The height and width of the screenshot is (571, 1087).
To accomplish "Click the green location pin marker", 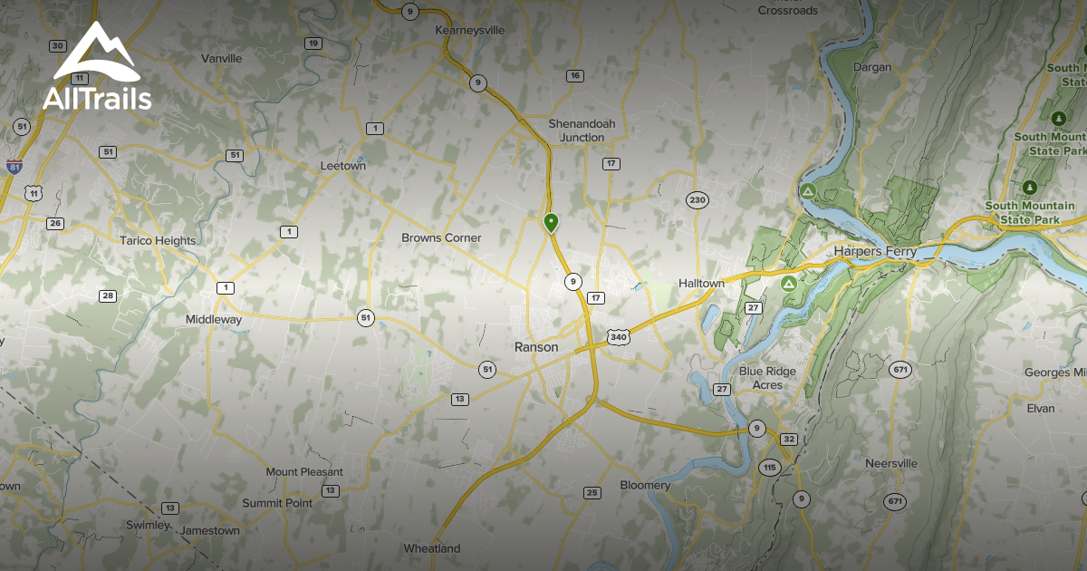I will pos(551,222).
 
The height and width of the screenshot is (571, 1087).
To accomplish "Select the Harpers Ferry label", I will pos(875,251).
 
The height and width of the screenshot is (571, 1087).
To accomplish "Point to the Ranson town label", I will pos(536,347).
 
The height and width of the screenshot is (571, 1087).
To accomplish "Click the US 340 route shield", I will pos(619,337).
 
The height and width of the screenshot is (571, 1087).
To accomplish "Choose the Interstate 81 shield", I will pos(14,167).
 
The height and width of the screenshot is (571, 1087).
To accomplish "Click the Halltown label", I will pos(702,284).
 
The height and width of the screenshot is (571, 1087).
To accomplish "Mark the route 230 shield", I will pos(696,200).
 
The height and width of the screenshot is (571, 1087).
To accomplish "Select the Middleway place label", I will pos(214,320).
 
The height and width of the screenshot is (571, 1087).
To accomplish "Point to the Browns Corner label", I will pos(441,238).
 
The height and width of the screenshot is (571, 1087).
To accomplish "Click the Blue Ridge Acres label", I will pos(767,378).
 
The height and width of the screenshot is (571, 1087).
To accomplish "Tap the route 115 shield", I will pos(770,468).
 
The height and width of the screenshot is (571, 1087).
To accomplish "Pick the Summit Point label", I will pos(277,504).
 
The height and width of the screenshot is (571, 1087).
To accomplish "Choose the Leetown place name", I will pos(343,167).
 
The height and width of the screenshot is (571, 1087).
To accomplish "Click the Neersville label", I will pos(891,464).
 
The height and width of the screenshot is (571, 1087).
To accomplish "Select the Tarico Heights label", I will pos(158,241).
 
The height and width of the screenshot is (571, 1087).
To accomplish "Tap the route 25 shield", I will pos(592,493).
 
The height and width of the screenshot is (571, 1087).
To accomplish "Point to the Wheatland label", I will pos(432,549).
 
